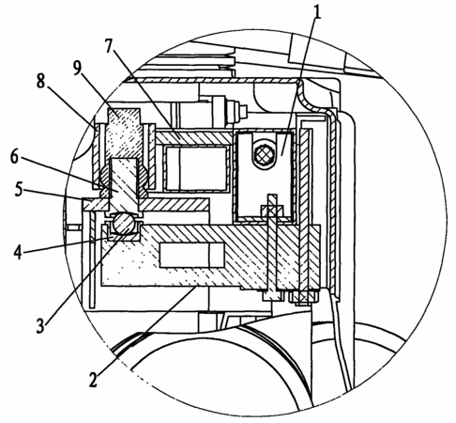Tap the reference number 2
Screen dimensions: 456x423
93,379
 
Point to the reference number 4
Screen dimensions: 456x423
19,251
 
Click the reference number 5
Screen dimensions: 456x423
19,189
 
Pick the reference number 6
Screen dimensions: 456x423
14,156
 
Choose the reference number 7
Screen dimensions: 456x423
108,46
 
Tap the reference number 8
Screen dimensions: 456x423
40,81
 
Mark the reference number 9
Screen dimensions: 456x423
77,68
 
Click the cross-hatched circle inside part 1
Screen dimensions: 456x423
265,154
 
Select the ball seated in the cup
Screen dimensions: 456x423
124,223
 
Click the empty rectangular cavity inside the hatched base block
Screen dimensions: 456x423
191,255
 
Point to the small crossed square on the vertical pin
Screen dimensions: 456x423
270,210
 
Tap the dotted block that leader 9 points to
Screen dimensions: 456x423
124,133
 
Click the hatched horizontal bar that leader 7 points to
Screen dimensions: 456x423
194,137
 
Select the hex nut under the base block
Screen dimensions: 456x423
303,297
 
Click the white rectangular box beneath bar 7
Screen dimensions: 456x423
197,168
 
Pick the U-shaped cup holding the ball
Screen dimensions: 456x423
124,232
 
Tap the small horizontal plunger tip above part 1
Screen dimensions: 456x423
243,110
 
